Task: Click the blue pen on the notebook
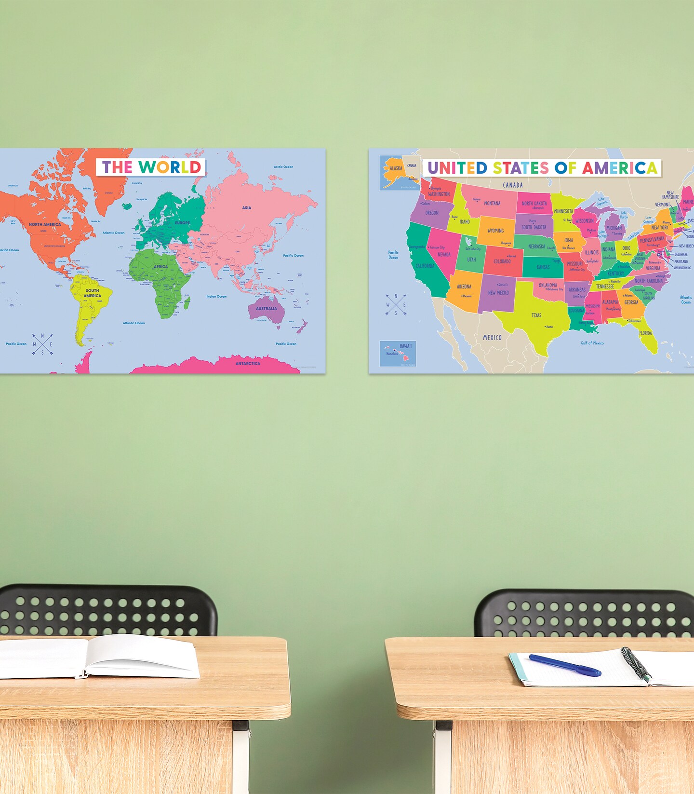[564, 665]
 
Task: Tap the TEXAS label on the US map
[536, 315]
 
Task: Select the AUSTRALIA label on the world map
[266, 309]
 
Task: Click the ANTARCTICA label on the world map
[248, 364]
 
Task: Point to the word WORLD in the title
[170, 167]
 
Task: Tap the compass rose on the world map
[42, 344]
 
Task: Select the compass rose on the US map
[396, 305]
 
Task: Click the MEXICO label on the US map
[492, 338]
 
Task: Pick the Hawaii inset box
[398, 354]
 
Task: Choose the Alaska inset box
[400, 172]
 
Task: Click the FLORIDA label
[645, 333]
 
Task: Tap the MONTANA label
[492, 204]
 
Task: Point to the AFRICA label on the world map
[160, 267]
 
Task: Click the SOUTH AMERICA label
[92, 293]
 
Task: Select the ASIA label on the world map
[246, 208]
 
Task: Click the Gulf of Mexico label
[592, 343]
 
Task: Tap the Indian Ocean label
[216, 297]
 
